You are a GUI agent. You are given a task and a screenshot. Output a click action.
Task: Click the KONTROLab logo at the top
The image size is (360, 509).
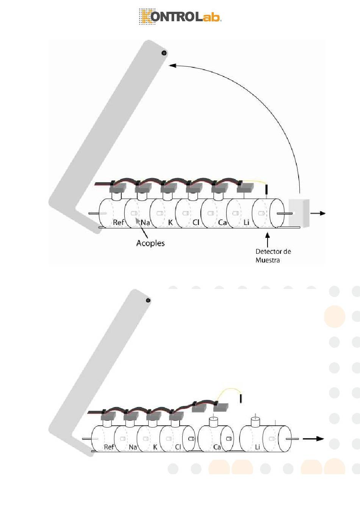(180, 16)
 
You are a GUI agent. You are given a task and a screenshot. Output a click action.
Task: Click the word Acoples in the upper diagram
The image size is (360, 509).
(150, 243)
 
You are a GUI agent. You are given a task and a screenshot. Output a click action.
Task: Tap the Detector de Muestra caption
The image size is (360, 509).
(273, 256)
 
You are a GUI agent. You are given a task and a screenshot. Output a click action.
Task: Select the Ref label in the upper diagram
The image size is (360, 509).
(118, 222)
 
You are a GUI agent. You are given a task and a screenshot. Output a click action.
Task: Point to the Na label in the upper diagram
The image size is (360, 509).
(145, 222)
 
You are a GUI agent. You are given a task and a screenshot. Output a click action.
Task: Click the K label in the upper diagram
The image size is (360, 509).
(170, 222)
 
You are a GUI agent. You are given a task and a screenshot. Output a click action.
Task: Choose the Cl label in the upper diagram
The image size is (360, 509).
(196, 222)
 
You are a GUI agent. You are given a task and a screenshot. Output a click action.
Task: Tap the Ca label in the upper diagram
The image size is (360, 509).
(222, 222)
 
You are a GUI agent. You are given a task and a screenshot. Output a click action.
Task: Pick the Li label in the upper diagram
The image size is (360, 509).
(246, 222)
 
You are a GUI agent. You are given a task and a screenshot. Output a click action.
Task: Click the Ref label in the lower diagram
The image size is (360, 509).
(109, 447)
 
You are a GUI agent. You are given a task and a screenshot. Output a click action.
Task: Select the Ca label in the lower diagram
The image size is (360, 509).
(217, 447)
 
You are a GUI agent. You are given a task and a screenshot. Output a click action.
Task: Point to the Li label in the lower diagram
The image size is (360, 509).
(257, 447)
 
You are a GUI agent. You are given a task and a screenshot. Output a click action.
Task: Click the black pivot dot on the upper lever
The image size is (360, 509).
(164, 53)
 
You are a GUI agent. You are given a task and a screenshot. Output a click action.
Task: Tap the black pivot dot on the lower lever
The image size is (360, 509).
(148, 300)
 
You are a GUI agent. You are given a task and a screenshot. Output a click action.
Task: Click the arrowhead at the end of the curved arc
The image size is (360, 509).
(172, 66)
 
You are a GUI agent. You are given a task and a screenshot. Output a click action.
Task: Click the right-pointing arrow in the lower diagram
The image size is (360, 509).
(313, 439)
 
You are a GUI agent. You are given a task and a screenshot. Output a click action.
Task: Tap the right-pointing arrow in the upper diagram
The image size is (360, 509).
(318, 213)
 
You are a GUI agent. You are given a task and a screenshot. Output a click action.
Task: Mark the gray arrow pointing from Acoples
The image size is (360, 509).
(141, 228)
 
